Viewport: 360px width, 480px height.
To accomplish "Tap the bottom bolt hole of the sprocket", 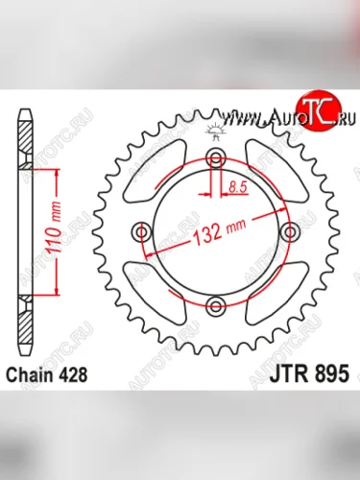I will (x=217, y=305).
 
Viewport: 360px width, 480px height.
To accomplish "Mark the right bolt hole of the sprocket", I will (x=290, y=232).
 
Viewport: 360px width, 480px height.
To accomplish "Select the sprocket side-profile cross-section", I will (x=21, y=230).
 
